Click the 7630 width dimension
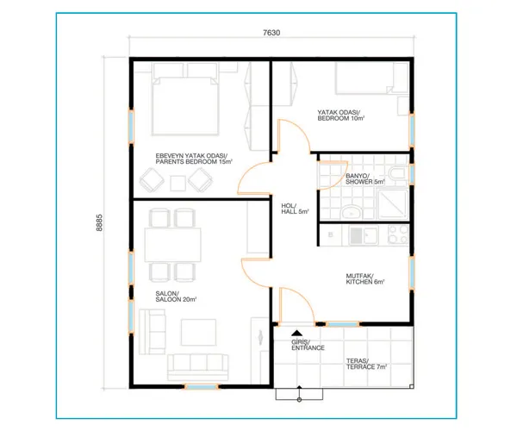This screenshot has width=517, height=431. tap(271, 33)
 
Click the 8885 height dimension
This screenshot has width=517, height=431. tap(99, 222)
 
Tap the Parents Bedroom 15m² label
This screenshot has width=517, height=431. tap(194, 159)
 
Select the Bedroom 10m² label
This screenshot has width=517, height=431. tap(340, 116)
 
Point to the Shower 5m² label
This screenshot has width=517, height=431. tap(365, 178)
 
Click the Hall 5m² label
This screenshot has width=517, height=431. tap(295, 209)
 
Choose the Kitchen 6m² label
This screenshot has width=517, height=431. tap(365, 278)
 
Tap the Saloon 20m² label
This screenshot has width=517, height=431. tap(176, 297)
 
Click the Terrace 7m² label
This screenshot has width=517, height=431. tap(366, 364)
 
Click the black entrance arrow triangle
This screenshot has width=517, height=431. tap(296, 333)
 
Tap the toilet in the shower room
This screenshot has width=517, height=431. tap(398, 172)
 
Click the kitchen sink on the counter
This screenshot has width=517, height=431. tap(364, 235)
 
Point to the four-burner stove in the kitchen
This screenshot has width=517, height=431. tap(398, 234)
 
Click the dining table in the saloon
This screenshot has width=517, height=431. tap(172, 245)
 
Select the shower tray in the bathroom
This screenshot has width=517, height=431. tap(393, 204)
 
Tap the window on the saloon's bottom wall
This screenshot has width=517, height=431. tap(201, 386)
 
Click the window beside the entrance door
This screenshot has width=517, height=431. tap(343, 324)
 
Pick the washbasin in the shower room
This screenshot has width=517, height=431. tap(352, 212)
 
